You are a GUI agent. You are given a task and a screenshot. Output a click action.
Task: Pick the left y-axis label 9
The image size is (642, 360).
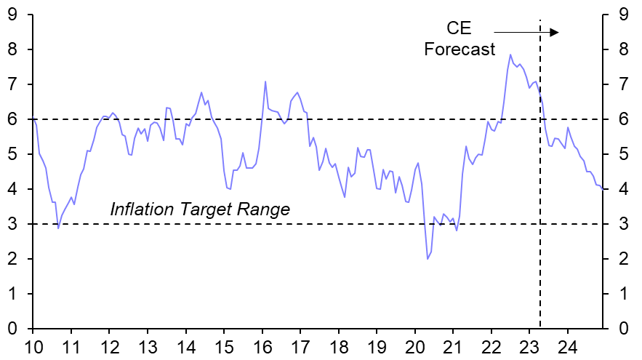point(13,14)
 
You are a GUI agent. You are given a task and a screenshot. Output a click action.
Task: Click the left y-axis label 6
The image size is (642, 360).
point(13,119)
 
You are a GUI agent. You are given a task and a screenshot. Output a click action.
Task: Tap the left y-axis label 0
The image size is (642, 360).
point(13,329)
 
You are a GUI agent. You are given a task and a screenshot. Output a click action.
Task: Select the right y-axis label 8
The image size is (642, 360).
point(623,49)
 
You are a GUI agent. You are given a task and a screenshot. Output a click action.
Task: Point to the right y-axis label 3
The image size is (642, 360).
point(623,224)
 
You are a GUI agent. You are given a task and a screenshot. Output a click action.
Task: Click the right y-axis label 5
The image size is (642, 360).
point(623,154)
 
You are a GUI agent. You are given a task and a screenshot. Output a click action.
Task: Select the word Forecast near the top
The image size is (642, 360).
point(460,49)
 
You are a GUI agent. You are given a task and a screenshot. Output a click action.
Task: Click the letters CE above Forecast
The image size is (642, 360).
point(459,29)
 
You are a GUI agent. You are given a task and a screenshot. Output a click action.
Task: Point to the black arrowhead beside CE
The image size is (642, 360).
point(554,32)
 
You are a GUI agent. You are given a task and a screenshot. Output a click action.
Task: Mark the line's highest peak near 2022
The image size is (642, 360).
point(510,55)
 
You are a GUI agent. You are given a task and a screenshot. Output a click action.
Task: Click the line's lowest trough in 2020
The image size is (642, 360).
point(428,259)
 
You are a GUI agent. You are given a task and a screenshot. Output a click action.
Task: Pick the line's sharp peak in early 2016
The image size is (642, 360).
point(265,81)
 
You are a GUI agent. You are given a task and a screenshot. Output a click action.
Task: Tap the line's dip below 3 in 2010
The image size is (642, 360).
point(58,228)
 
